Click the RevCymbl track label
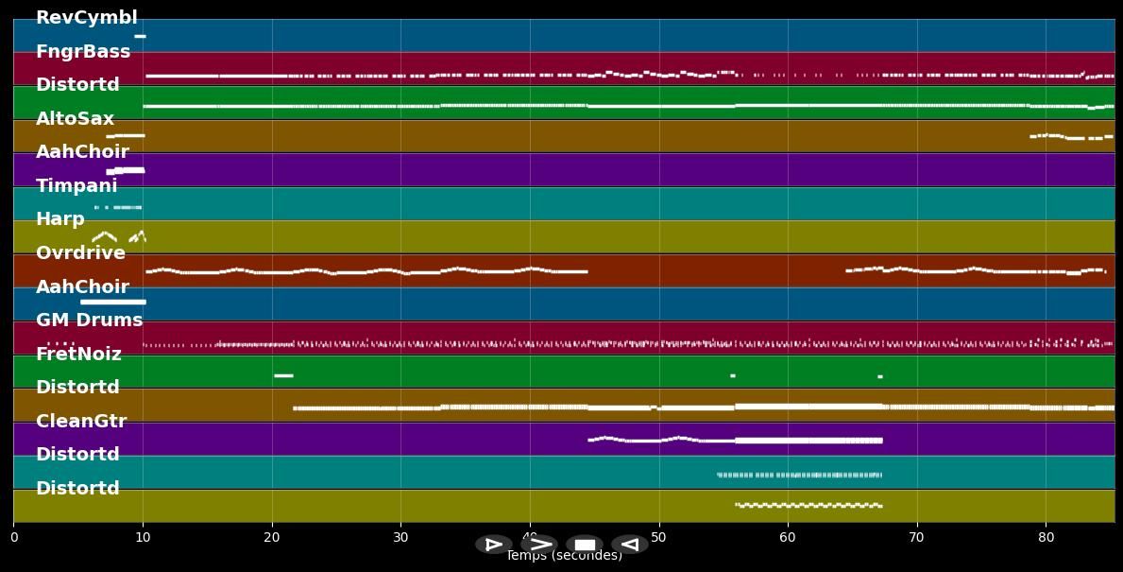(x=86, y=18)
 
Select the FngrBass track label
(x=83, y=52)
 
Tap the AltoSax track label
(x=75, y=119)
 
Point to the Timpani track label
(x=77, y=186)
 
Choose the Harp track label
(x=60, y=219)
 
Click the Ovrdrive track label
(x=80, y=253)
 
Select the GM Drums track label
(x=89, y=321)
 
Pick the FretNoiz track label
(x=78, y=355)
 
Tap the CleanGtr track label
(x=81, y=422)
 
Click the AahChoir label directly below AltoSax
(x=82, y=152)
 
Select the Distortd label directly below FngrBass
(x=77, y=85)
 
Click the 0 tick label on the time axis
(x=13, y=538)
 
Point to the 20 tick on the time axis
(x=272, y=538)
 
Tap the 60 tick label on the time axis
(x=788, y=538)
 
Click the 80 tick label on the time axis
(x=1046, y=538)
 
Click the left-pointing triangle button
(x=630, y=545)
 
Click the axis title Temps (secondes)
(x=564, y=556)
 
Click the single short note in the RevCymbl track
(x=140, y=36)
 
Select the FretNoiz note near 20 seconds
(x=283, y=375)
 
